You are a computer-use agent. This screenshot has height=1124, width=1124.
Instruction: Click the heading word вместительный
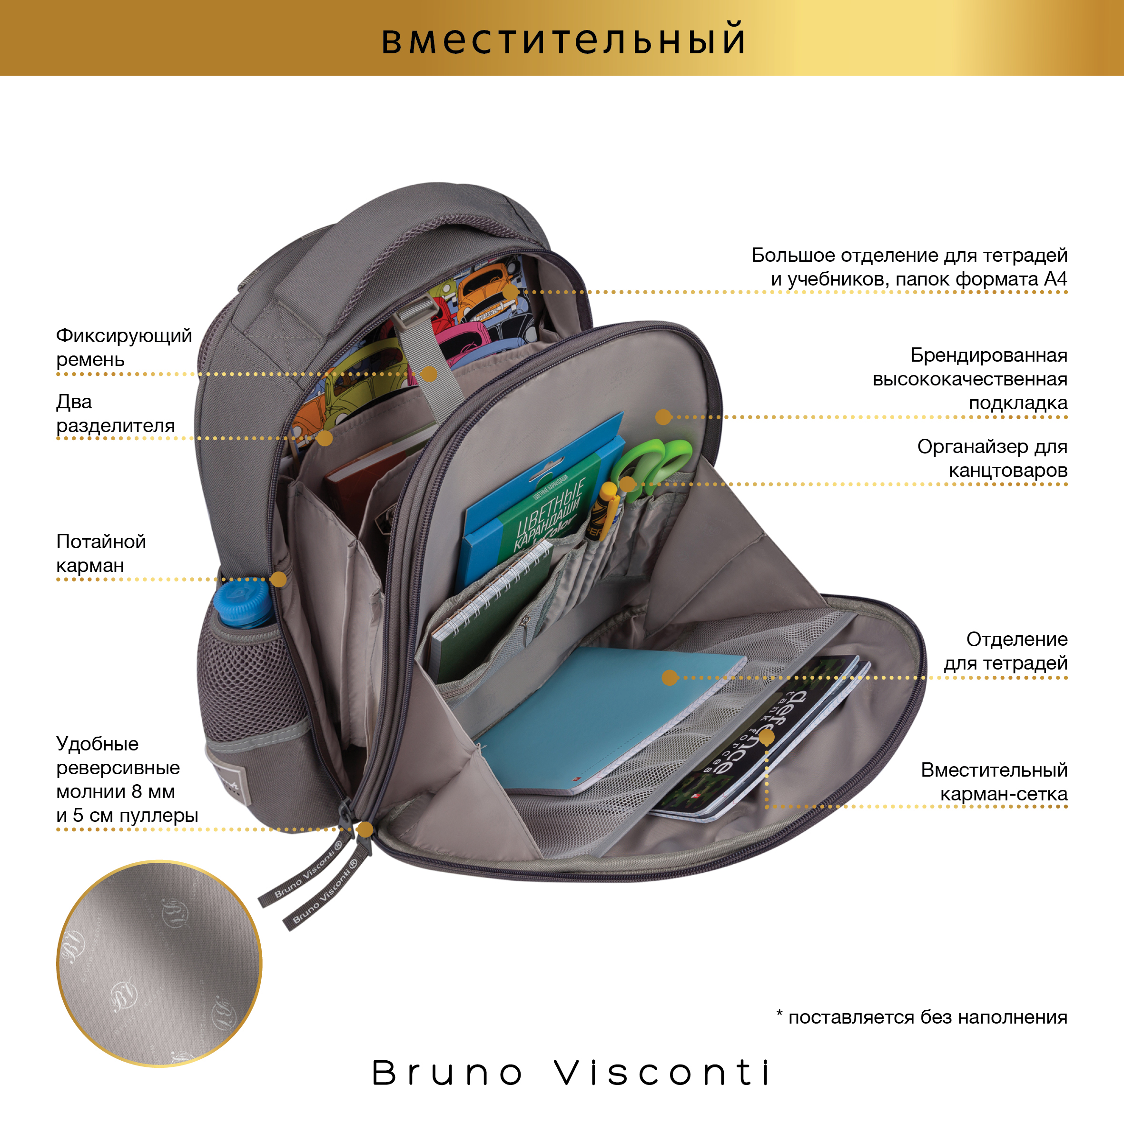click(x=563, y=39)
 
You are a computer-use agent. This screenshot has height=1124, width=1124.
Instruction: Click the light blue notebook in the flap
click(x=605, y=716)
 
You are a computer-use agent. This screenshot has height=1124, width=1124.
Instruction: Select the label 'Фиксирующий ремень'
click(x=123, y=347)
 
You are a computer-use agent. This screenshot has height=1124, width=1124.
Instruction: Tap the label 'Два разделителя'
click(x=115, y=414)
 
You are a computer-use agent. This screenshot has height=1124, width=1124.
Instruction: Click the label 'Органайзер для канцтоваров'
click(x=992, y=458)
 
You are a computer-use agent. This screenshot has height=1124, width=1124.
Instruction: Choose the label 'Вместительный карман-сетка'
click(x=994, y=782)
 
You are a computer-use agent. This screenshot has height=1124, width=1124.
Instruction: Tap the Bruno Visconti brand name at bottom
click(x=572, y=1073)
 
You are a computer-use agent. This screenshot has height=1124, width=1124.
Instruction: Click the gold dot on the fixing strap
click(x=429, y=374)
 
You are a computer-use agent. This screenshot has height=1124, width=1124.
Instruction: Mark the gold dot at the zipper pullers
click(x=365, y=829)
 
